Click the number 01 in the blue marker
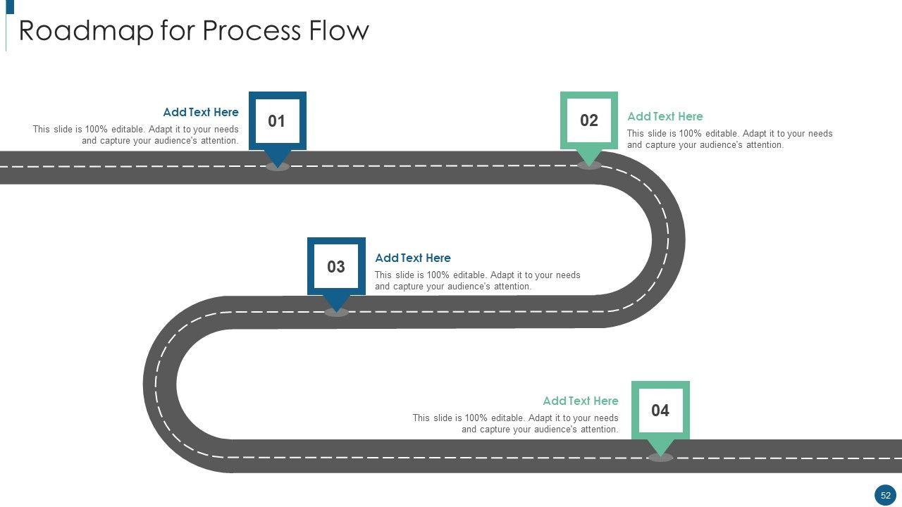[277, 121]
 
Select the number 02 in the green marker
[589, 120]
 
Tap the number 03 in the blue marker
[336, 267]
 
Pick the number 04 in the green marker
[660, 411]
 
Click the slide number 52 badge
[885, 495]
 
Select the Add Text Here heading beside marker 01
[201, 112]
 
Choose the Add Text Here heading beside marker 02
[665, 116]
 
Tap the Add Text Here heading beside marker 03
[413, 258]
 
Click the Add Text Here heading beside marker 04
[581, 401]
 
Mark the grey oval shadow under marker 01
[278, 167]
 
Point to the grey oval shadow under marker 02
[589, 165]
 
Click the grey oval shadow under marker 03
[337, 313]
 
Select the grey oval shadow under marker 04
[660, 458]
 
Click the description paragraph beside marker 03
[478, 280]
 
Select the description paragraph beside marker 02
[730, 139]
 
